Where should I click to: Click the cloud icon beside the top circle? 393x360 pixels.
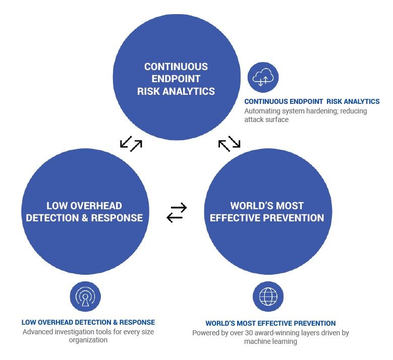[263, 78]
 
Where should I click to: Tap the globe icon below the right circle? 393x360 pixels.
[268, 296]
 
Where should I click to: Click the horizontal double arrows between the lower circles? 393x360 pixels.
[177, 212]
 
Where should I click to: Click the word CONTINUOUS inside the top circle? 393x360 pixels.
[176, 67]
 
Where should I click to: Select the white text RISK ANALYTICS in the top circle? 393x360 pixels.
[176, 91]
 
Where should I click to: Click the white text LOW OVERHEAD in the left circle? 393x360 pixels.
[84, 206]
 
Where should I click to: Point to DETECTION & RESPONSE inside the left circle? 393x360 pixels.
[84, 218]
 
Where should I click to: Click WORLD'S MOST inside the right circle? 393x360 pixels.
[267, 206]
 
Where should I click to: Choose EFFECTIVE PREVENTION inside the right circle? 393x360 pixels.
[267, 218]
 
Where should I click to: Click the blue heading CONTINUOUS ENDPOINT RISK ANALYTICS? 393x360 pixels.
[312, 101]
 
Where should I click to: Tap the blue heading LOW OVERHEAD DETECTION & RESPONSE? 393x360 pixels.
[88, 322]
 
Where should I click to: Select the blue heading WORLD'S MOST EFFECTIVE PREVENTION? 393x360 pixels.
[270, 323]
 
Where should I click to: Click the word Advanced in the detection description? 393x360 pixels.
[38, 332]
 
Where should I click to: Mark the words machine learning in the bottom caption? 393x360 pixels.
[270, 342]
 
